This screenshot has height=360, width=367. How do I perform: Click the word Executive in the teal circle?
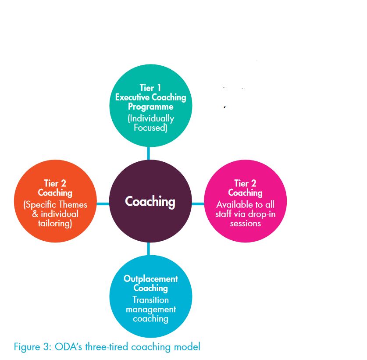132,97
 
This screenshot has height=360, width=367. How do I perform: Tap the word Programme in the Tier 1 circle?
151,107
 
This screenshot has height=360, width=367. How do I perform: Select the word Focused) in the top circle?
150,128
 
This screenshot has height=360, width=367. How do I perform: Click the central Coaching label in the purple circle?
150,202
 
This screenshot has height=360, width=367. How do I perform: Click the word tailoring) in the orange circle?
55,223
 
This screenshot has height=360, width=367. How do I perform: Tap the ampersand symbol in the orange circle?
35,214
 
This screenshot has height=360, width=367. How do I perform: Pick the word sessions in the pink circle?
245,224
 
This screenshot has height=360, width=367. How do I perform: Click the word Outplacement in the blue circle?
151,279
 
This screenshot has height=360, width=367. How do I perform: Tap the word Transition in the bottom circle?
150,300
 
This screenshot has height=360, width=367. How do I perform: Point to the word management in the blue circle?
151,310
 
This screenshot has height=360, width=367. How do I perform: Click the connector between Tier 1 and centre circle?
148,153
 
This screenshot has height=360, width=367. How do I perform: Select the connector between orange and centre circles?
103,204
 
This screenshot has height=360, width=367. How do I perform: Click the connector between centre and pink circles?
198,204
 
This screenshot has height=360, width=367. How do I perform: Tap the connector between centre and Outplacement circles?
148,249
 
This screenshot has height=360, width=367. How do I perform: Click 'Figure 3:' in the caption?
32,347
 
